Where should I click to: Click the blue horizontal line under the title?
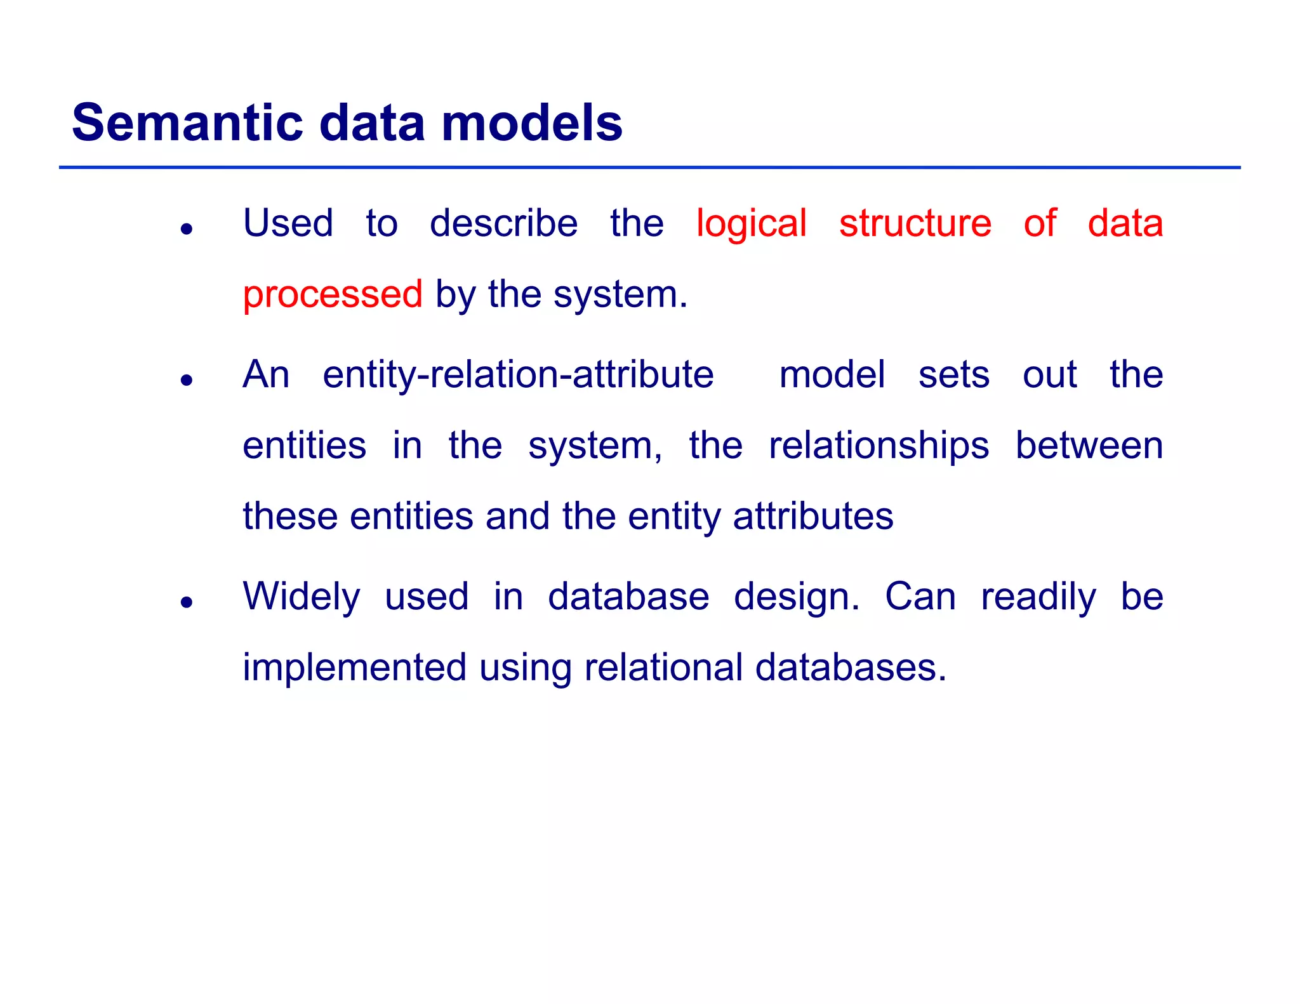click(649, 168)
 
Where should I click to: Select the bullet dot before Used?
click(186, 229)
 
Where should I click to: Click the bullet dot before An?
click(186, 380)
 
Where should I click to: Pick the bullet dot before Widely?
click(186, 602)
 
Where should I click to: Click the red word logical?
click(751, 224)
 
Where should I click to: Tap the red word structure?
click(915, 224)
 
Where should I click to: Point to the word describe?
click(503, 224)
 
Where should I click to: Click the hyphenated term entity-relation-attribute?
click(518, 375)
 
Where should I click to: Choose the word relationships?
click(879, 446)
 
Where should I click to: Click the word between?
click(1089, 446)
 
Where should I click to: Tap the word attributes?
click(813, 517)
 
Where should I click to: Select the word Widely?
click(302, 597)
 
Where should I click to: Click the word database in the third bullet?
click(628, 597)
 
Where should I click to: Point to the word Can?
click(920, 597)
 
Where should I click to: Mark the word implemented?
click(355, 668)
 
